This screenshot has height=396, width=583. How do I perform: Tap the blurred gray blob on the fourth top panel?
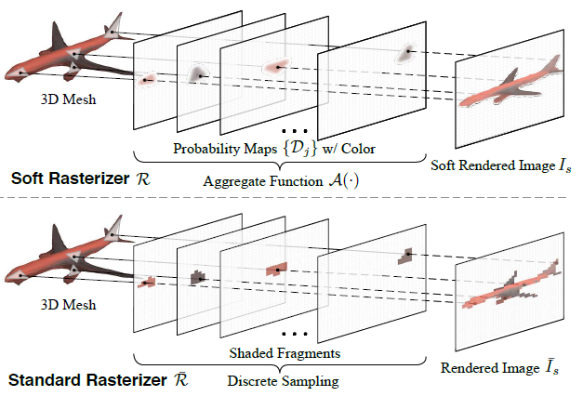(406, 52)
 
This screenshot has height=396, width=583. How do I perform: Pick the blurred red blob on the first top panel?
(146, 82)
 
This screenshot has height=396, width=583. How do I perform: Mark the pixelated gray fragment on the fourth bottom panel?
(406, 253)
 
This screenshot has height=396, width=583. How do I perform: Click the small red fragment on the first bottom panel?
(146, 281)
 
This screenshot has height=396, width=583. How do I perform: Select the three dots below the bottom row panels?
(293, 332)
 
